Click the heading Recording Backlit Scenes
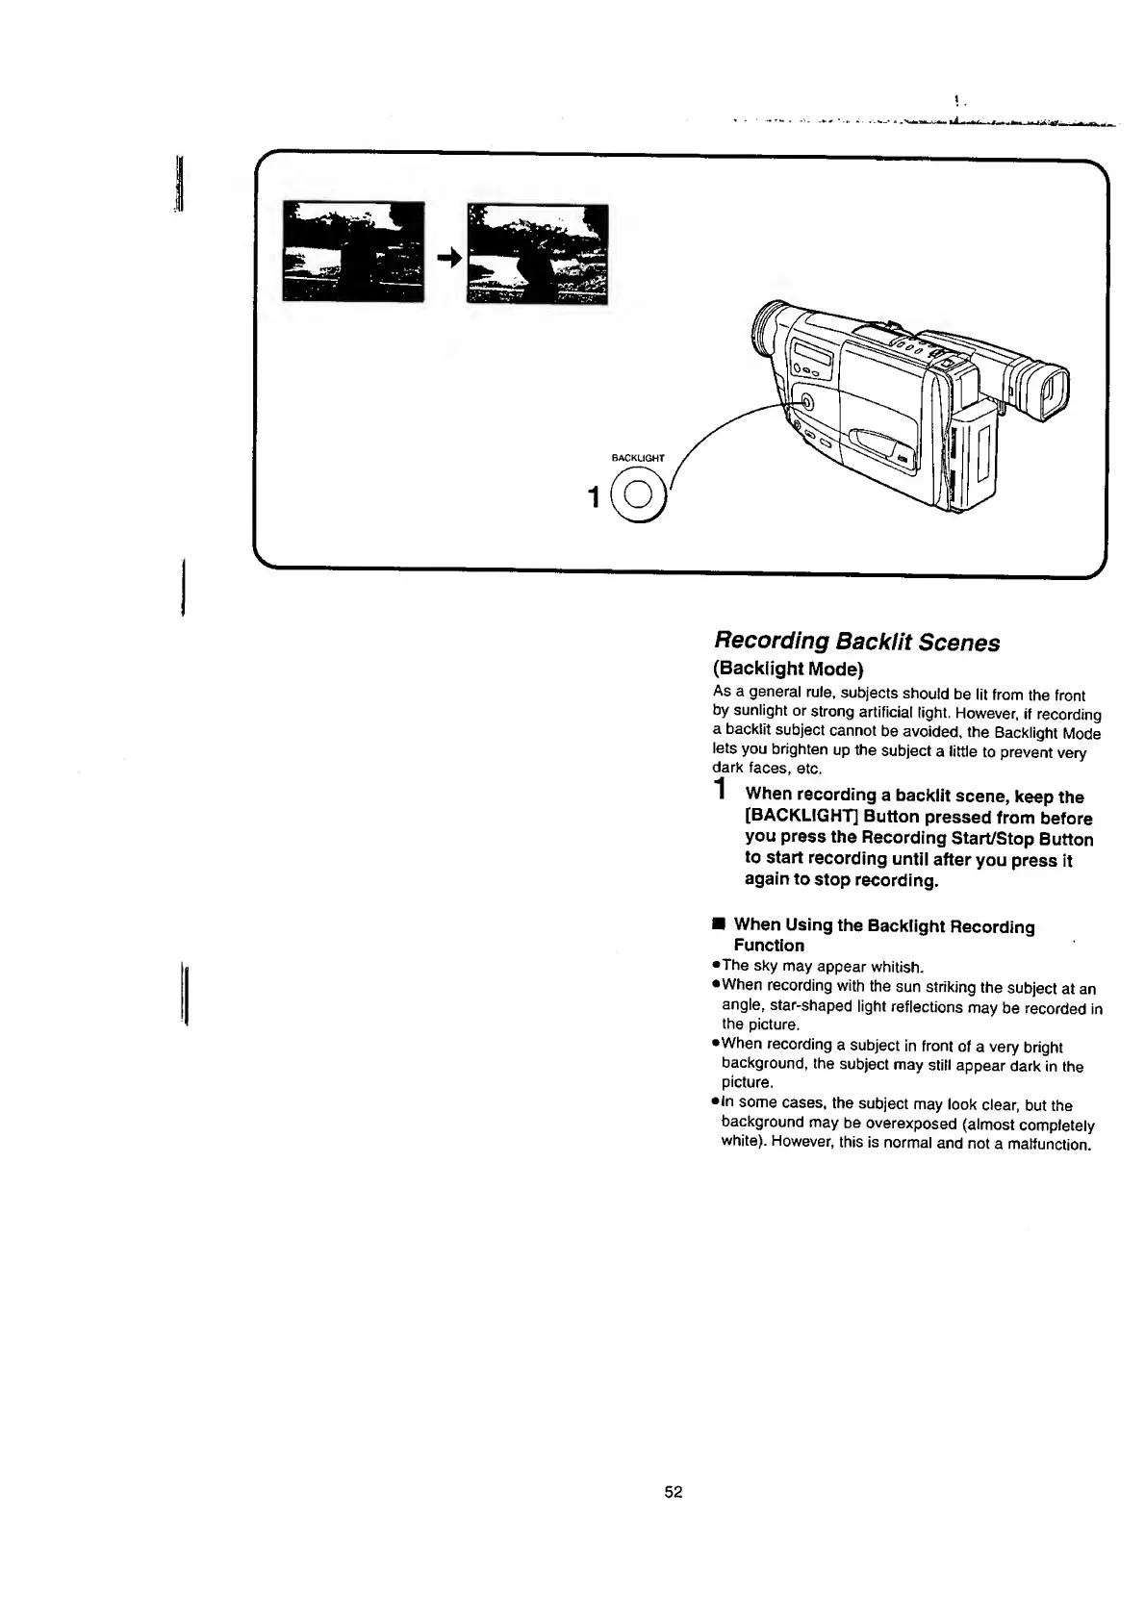pos(856,642)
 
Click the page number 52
pos(673,1492)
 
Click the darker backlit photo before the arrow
pos(353,252)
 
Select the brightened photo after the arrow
pos(536,252)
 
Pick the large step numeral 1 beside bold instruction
pos(720,791)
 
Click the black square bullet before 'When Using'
pos(718,924)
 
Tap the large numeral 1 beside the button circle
pos(594,496)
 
